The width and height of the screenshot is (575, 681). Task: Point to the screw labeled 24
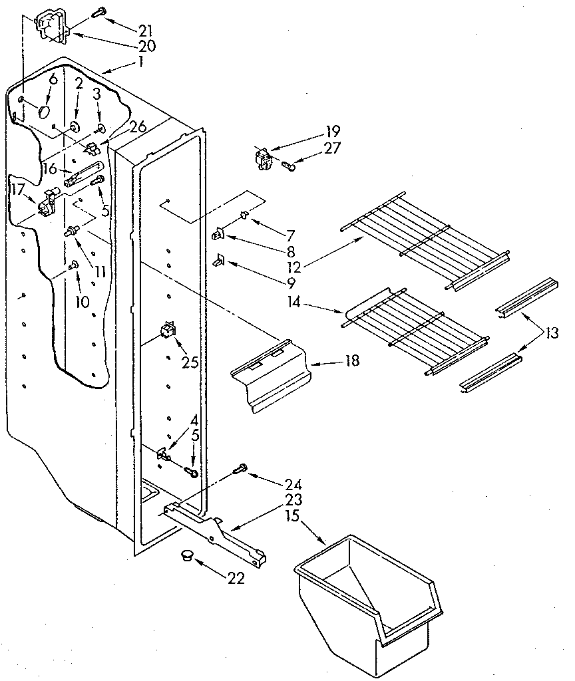point(240,470)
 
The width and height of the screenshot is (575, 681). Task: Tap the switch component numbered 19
point(265,160)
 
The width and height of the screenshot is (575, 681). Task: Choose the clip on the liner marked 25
point(167,331)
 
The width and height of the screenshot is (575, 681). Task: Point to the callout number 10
point(82,301)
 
